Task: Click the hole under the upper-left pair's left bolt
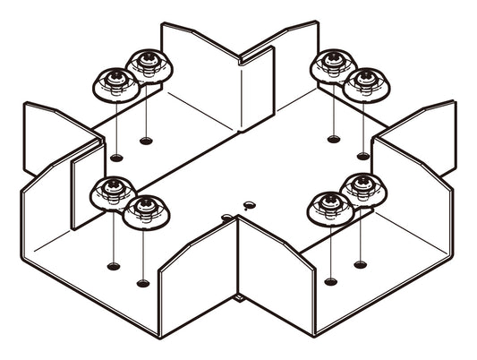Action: point(116,158)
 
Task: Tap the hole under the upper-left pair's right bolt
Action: point(146,140)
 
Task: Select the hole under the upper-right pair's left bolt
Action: point(333,139)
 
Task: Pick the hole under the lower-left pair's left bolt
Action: point(113,265)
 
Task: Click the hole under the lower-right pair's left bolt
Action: point(331,281)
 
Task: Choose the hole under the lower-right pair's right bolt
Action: point(361,264)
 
